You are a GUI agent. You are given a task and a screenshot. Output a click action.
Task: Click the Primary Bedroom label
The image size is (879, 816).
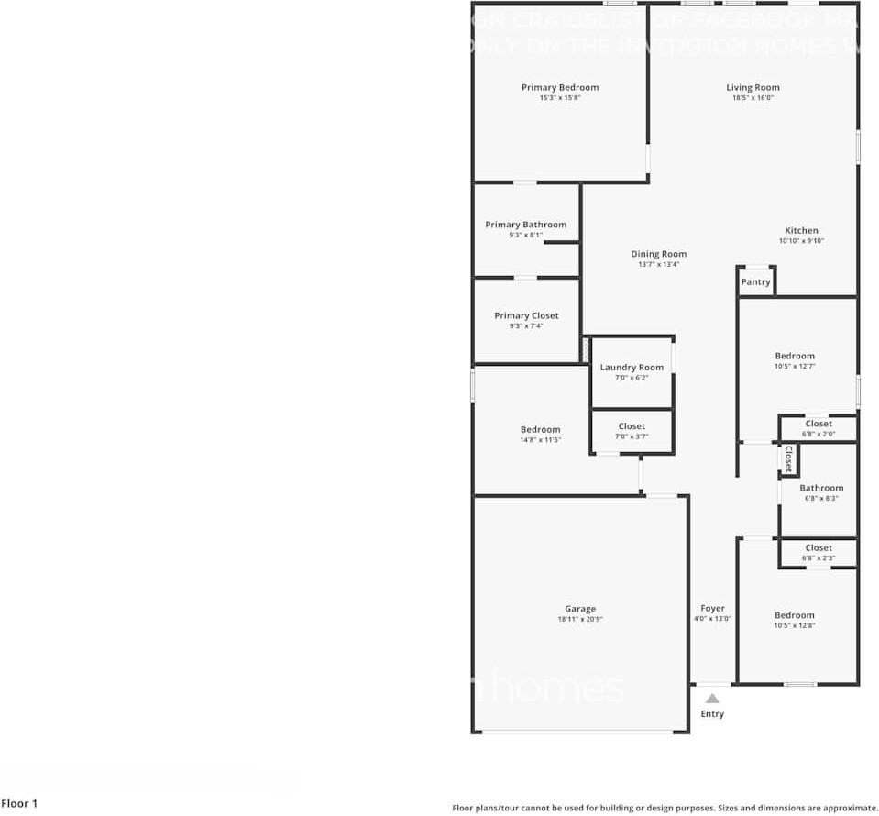tap(560, 88)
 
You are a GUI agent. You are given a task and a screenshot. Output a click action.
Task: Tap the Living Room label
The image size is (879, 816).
tap(753, 88)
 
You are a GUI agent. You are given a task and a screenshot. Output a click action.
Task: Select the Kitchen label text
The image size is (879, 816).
tap(801, 231)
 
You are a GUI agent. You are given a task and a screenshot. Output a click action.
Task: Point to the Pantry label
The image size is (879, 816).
tap(755, 282)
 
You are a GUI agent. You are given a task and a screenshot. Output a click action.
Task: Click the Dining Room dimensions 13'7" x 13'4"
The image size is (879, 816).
tap(658, 265)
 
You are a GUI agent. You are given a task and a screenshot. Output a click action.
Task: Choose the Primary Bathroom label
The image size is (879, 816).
tap(526, 225)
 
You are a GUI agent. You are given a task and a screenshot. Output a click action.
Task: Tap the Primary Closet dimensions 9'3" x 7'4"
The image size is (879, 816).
tap(526, 325)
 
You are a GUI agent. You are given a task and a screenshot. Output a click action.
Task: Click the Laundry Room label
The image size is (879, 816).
tap(632, 368)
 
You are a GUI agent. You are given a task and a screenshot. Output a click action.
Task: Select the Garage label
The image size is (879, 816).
tap(580, 609)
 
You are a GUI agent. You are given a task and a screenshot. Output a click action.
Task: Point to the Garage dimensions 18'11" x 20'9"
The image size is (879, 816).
tap(580, 619)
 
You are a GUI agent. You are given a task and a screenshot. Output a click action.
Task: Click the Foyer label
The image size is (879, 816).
tap(712, 609)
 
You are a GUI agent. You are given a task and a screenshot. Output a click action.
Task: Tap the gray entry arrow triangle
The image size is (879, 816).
tap(712, 699)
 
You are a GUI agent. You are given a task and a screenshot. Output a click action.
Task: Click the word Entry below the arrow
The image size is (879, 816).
tap(712, 714)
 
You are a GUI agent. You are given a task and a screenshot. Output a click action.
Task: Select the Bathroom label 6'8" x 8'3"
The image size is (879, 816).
tap(821, 489)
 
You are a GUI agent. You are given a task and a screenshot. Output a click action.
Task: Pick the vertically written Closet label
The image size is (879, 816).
tap(788, 458)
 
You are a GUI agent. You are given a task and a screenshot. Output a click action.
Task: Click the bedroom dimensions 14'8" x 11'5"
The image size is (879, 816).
tap(540, 440)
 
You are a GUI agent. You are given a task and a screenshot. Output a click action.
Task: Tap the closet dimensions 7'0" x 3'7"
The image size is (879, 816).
tap(632, 436)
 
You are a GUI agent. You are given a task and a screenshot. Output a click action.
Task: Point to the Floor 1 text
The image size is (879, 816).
tap(20, 804)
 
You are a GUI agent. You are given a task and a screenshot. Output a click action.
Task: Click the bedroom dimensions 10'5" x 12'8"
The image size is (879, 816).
tap(794, 626)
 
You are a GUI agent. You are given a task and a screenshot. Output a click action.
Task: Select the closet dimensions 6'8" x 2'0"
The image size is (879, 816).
tap(819, 434)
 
